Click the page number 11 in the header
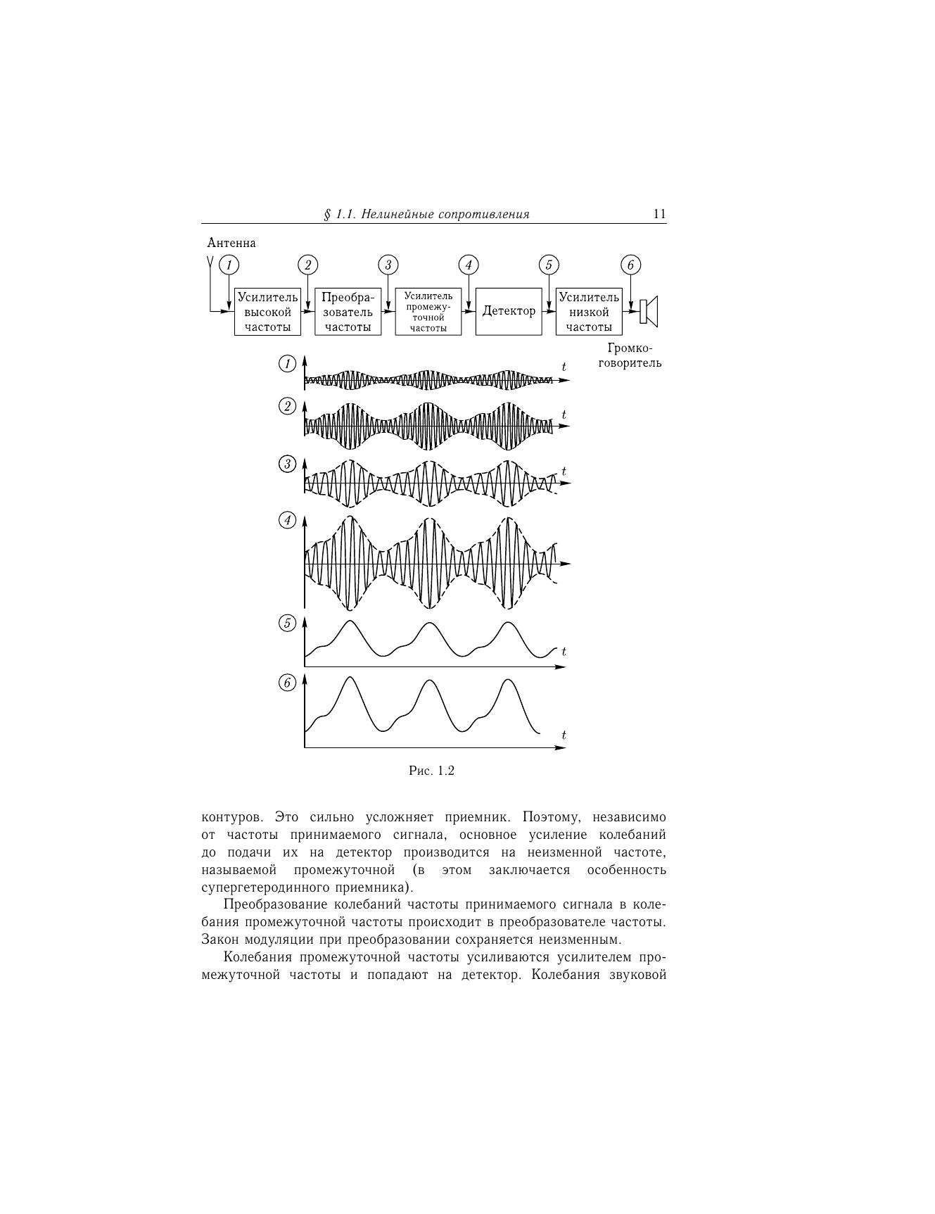659,214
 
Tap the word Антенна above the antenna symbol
231,243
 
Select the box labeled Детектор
509,311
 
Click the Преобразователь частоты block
348,312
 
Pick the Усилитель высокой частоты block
267,312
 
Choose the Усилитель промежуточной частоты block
428,312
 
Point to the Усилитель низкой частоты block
589,312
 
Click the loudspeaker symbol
649,311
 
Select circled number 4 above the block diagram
469,265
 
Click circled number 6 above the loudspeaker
630,265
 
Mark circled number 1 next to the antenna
229,265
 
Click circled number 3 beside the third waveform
287,464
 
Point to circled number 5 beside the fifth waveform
287,623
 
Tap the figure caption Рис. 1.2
431,771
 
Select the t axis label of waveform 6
564,735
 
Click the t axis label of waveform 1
564,367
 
